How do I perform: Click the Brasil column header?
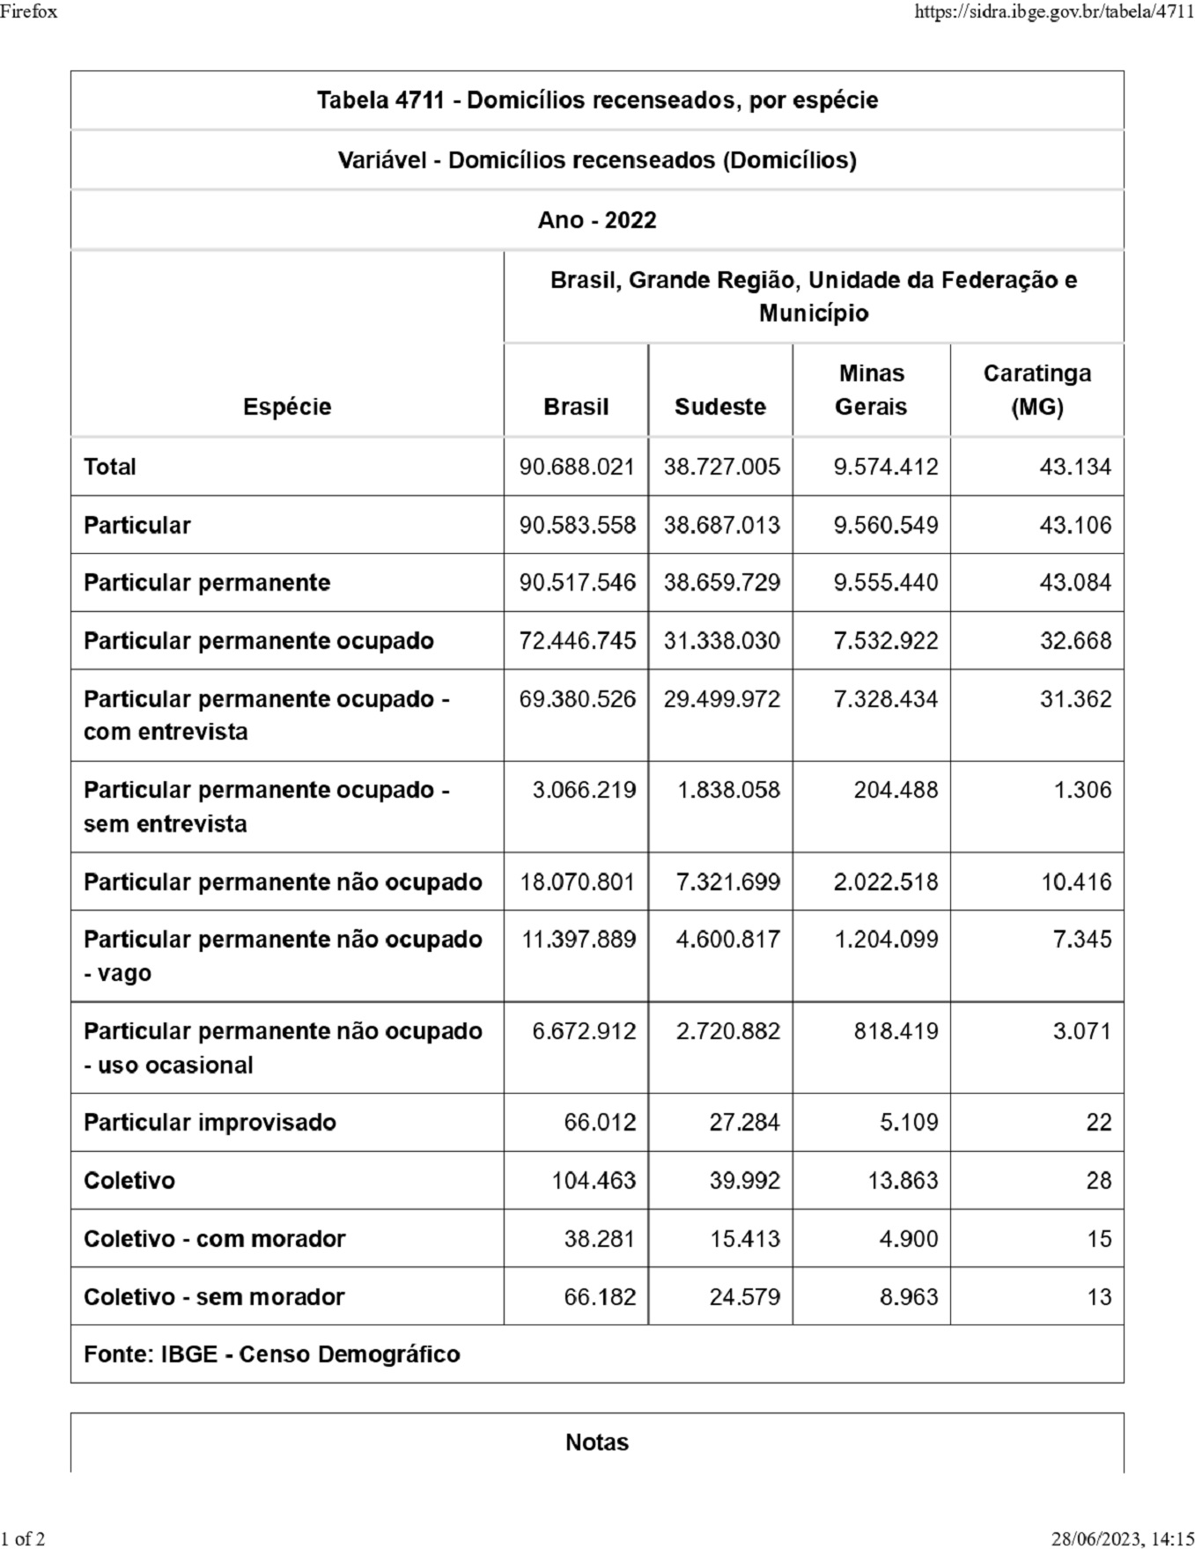[x=576, y=407]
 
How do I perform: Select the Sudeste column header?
[x=719, y=407]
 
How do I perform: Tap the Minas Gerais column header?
[x=871, y=390]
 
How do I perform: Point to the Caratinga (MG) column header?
[x=1036, y=390]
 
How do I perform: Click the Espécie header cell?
[x=287, y=407]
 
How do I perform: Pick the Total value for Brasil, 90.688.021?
[x=577, y=467]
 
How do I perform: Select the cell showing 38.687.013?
[x=721, y=525]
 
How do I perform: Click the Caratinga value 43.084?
[x=1075, y=583]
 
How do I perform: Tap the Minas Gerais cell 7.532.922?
[x=885, y=641]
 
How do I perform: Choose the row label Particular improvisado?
[x=210, y=1123]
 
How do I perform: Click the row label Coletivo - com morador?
[x=214, y=1239]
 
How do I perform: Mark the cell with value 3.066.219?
[x=584, y=790]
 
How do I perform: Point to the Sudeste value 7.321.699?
[x=727, y=881]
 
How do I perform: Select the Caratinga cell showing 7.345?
[x=1082, y=940]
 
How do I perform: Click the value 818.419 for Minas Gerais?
[x=896, y=1031]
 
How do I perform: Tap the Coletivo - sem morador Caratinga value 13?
[x=1099, y=1297]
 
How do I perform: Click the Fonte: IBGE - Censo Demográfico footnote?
[x=271, y=1354]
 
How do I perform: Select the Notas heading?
[x=597, y=1442]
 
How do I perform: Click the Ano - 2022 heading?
[x=597, y=220]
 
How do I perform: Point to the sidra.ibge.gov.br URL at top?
[x=1054, y=11]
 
